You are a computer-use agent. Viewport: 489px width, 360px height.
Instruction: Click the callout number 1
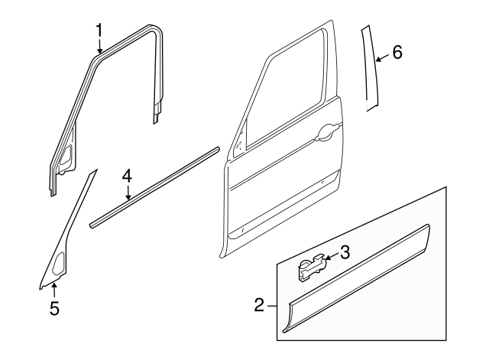point(99,29)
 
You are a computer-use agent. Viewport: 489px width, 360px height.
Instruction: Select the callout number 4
point(127,177)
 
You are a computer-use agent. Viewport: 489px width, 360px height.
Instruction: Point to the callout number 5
point(54,309)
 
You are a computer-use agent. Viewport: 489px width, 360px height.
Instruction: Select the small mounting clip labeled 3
point(309,268)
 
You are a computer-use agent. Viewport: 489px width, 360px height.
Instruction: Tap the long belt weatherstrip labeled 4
point(153,188)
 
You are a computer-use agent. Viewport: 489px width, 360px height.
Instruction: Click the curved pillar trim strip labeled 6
point(371,69)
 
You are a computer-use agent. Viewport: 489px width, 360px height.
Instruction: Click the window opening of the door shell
point(283,96)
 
